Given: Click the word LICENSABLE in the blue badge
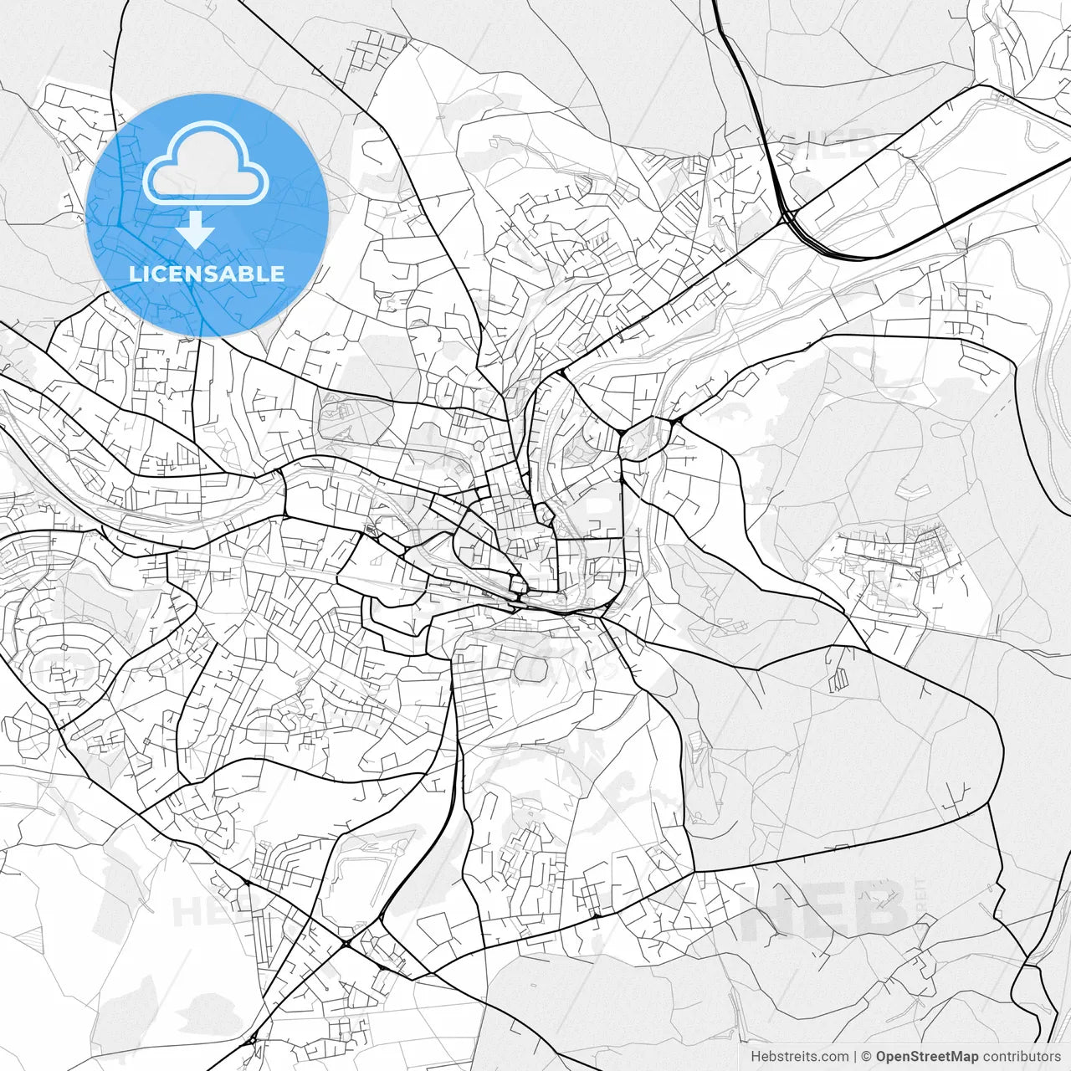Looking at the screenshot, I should click(x=207, y=274).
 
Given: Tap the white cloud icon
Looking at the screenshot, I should click(x=205, y=164).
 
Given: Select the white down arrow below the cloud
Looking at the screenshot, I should click(x=196, y=228).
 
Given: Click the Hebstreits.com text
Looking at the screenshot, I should click(x=798, y=1057).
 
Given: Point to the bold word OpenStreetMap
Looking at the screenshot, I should click(x=927, y=1057).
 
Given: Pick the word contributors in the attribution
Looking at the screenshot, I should click(x=1022, y=1057).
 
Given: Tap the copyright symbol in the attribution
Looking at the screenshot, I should click(x=867, y=1057).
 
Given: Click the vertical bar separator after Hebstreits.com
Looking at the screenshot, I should click(x=854, y=1057).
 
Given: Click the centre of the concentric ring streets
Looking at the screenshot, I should click(x=63, y=648).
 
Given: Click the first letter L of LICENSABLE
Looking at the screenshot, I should click(x=134, y=274).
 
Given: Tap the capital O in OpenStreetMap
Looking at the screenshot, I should click(x=882, y=1057).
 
